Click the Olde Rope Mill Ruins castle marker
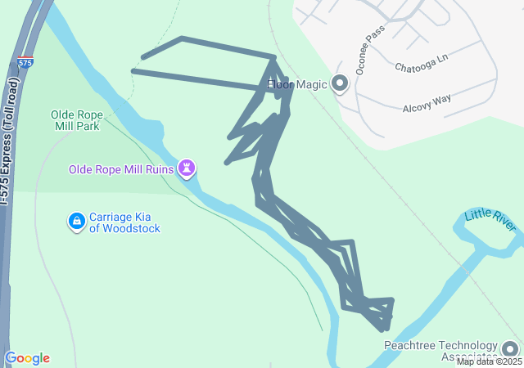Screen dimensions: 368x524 (x=189, y=168)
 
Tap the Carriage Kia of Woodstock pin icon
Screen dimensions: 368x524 (x=76, y=221)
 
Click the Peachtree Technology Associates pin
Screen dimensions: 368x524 (x=510, y=349)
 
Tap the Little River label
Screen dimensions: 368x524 (x=490, y=220)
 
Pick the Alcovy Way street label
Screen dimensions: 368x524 (x=427, y=103)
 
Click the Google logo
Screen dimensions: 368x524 (x=27, y=358)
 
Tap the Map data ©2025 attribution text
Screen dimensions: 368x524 (x=489, y=361)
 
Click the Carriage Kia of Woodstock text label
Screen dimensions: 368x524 (x=124, y=222)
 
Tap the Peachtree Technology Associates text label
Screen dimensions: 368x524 (x=440, y=351)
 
